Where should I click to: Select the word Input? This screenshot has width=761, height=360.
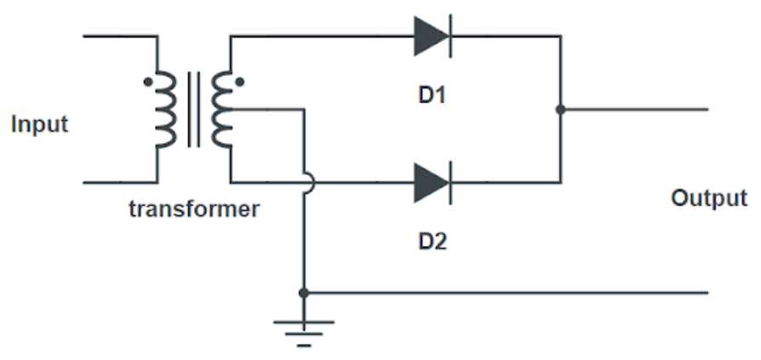click(x=39, y=124)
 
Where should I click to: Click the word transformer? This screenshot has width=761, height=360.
click(x=194, y=209)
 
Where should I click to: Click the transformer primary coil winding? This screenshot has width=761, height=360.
click(x=165, y=110)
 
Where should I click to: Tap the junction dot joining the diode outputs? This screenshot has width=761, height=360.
click(x=560, y=110)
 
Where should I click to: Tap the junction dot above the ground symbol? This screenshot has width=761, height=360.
click(x=303, y=293)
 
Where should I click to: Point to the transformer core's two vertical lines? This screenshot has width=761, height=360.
click(x=194, y=110)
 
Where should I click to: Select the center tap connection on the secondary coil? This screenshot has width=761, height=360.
click(x=233, y=109)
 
